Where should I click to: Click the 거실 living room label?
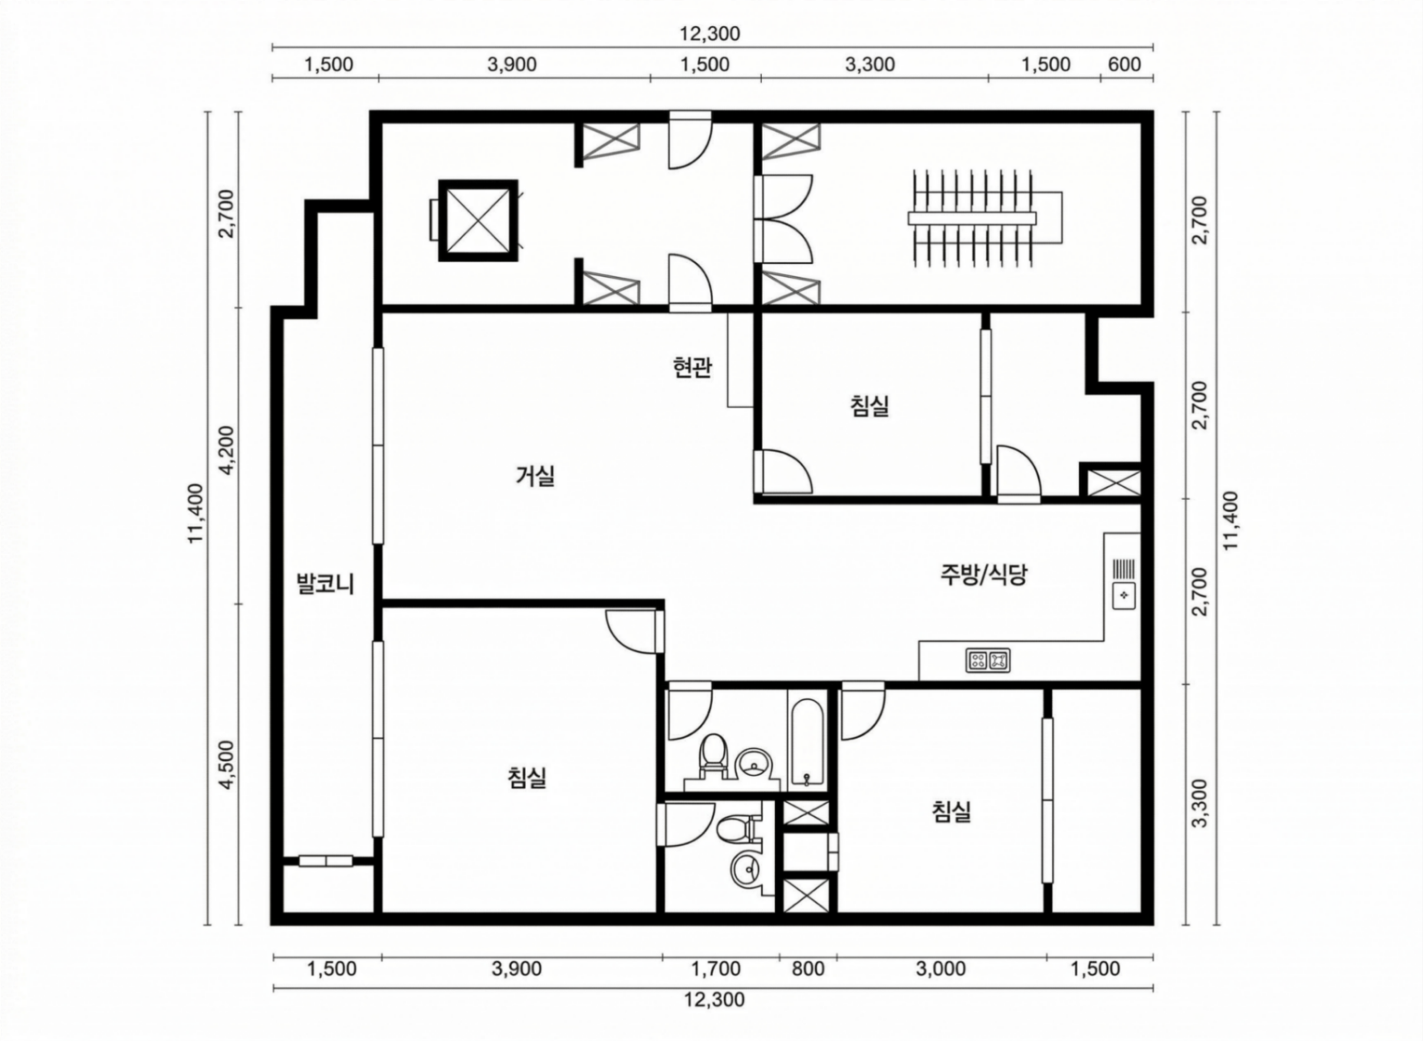pyautogui.click(x=535, y=476)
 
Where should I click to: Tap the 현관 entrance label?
pyautogui.click(x=692, y=368)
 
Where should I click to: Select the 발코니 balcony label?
pyautogui.click(x=325, y=585)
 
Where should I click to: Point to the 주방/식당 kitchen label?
pyautogui.click(x=984, y=575)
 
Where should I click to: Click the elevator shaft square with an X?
pyautogui.click(x=478, y=221)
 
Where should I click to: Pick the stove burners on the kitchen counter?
pyautogui.click(x=988, y=660)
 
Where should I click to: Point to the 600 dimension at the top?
pyautogui.click(x=1124, y=64)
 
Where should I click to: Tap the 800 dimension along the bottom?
pyautogui.click(x=808, y=969)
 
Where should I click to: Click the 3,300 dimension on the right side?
pyautogui.click(x=1200, y=802)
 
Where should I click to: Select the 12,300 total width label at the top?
pyautogui.click(x=710, y=34)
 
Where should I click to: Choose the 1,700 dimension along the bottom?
pyautogui.click(x=716, y=969)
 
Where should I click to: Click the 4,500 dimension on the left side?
pyautogui.click(x=228, y=764)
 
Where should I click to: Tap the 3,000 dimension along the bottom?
pyautogui.click(x=941, y=969)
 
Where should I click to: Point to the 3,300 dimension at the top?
pyautogui.click(x=869, y=64)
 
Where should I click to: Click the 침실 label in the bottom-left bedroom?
pyautogui.click(x=527, y=778)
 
